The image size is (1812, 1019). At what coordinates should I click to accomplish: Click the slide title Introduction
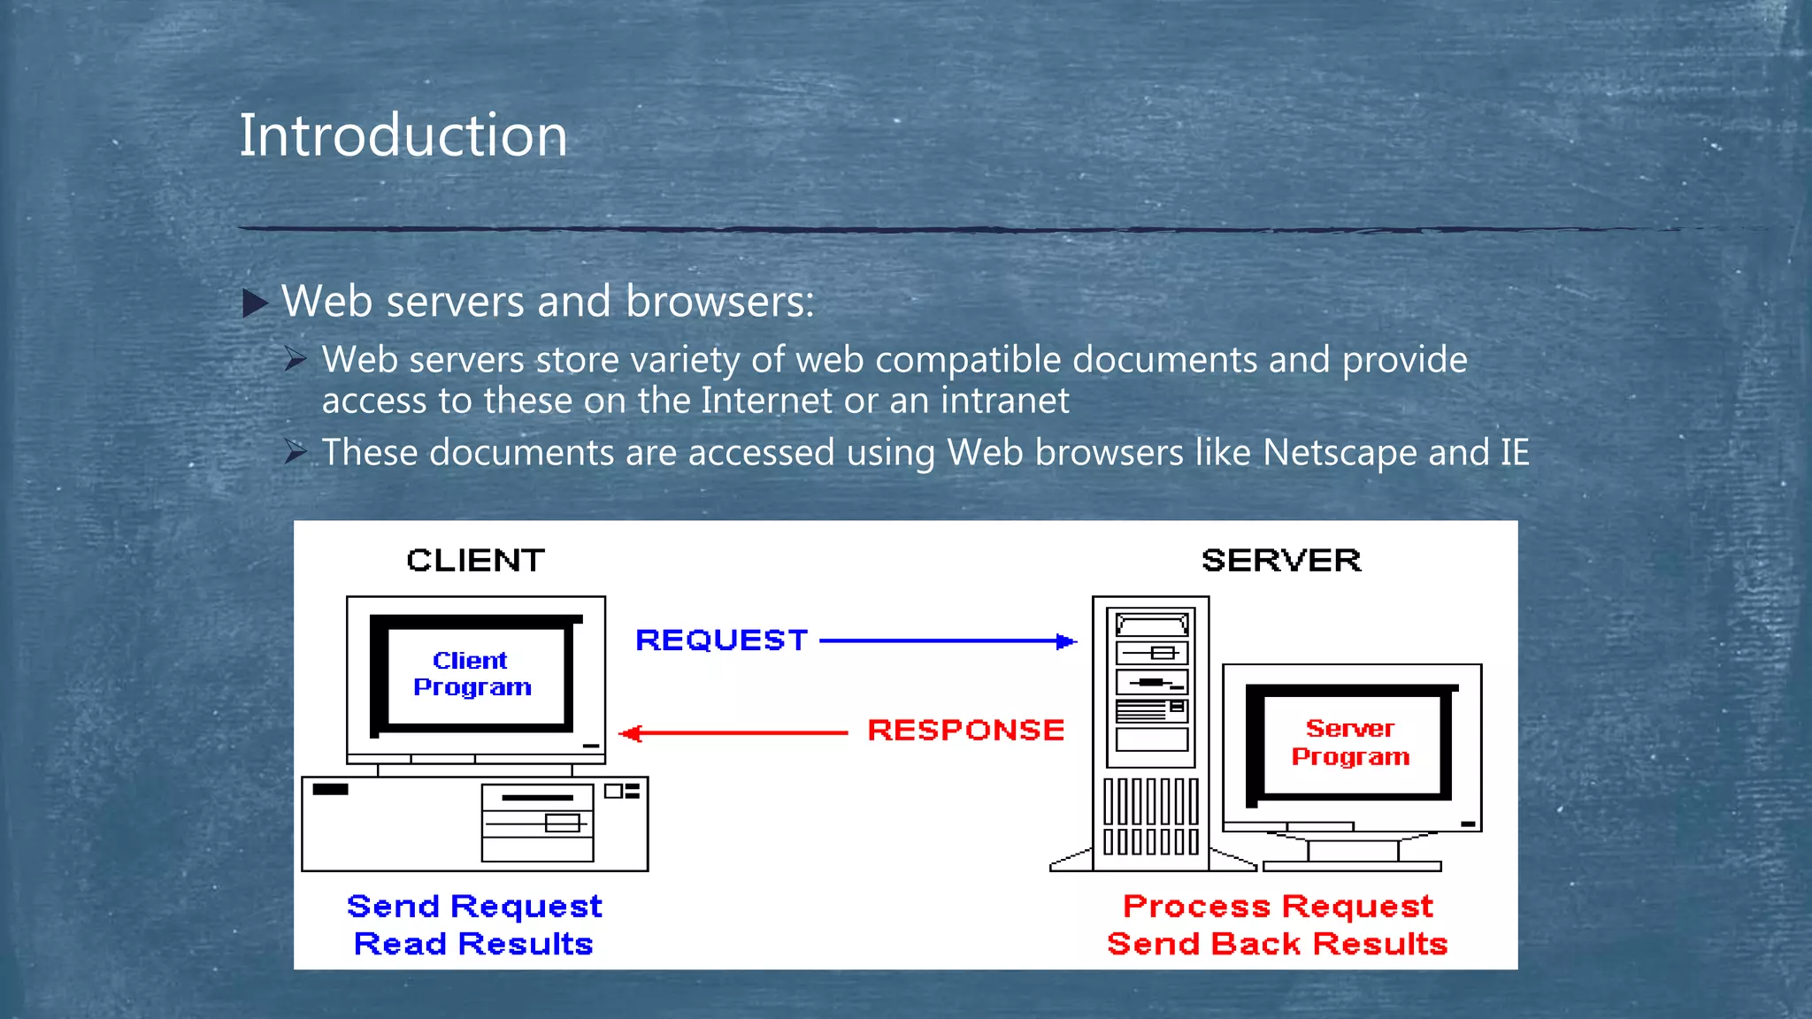(x=403, y=135)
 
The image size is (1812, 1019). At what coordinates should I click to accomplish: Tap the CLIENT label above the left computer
(x=475, y=561)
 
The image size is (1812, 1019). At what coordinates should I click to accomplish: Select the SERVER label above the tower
(x=1280, y=561)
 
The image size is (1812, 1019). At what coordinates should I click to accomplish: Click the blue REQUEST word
(x=722, y=640)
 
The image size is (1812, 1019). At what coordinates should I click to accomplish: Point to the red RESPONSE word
(x=965, y=731)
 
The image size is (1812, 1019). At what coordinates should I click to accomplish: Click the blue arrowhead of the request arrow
(x=1067, y=641)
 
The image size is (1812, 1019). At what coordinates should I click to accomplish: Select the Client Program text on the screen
(x=472, y=674)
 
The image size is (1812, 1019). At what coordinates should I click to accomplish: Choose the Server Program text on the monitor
(x=1350, y=742)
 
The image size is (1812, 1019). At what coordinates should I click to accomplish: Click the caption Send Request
(x=474, y=907)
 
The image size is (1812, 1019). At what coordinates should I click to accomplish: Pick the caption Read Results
(x=473, y=945)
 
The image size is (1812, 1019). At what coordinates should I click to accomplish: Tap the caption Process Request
(x=1278, y=907)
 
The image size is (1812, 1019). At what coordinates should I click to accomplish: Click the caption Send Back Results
(x=1278, y=945)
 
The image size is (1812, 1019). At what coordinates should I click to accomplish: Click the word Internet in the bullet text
(x=766, y=401)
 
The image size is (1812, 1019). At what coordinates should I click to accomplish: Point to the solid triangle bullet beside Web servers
(x=255, y=303)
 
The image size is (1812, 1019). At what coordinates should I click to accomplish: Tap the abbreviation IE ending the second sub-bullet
(x=1514, y=453)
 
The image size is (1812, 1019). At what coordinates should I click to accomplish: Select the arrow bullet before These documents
(x=296, y=452)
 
